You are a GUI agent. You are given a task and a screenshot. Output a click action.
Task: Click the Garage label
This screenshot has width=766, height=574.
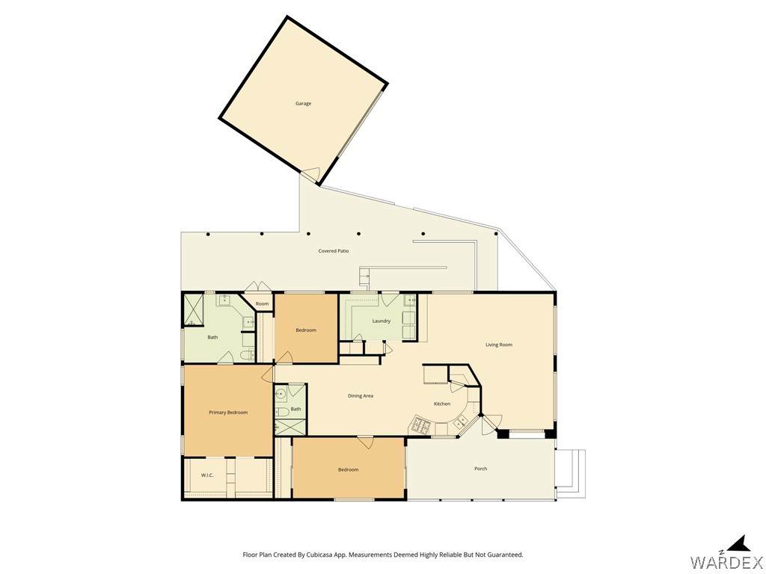[x=303, y=103]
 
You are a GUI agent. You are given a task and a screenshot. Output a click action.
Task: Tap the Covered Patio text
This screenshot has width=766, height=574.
[x=334, y=251]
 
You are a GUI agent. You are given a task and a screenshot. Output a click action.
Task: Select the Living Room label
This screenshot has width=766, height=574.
[x=499, y=345]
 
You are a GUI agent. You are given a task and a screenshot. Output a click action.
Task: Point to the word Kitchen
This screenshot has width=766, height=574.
[x=442, y=404]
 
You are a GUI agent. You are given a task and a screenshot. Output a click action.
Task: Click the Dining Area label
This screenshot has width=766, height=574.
[x=361, y=396]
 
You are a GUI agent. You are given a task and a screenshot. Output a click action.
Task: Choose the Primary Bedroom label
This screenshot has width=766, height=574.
[x=228, y=413]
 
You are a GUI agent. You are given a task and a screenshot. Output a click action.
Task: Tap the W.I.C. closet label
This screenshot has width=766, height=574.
[x=207, y=475]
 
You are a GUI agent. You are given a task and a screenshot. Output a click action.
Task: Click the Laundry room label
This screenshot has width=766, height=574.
[x=381, y=321]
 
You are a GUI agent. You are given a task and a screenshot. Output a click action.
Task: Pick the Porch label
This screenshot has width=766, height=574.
[x=481, y=469]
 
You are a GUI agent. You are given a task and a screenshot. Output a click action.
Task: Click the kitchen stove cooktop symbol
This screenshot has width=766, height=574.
[x=420, y=425]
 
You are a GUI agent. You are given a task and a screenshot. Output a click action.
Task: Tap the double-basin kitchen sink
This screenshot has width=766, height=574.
[x=460, y=421]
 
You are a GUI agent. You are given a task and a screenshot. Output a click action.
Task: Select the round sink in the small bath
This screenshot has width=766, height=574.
[x=281, y=393]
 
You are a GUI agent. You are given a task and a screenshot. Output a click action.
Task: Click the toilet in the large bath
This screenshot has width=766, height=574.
[x=249, y=354]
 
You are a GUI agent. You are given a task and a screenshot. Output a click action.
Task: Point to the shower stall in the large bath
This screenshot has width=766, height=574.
[x=194, y=310]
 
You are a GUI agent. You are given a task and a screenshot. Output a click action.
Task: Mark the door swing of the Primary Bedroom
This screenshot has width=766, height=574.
[x=268, y=374]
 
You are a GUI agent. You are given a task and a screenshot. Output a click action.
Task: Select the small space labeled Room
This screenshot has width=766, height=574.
[x=262, y=303]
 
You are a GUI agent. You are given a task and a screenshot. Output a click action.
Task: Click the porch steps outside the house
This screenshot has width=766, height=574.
[x=571, y=474]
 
